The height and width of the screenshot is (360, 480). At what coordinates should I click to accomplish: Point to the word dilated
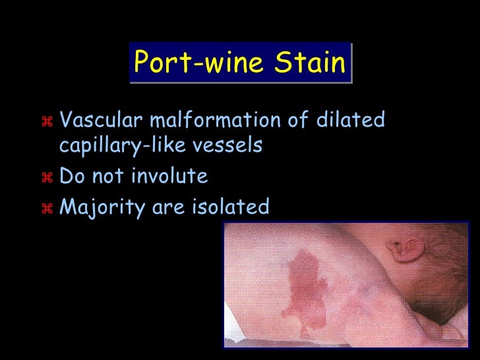(x=353, y=121)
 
